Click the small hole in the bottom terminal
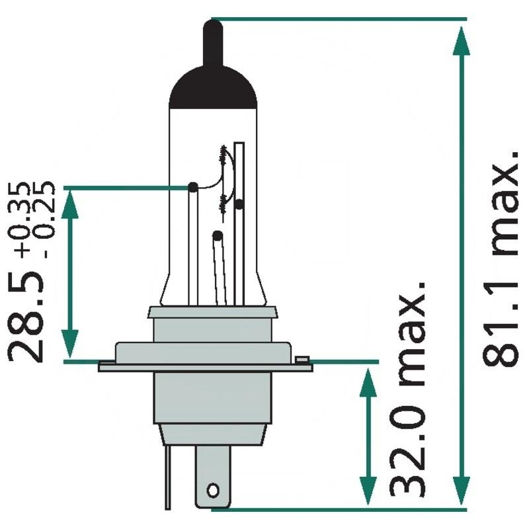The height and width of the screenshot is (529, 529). tap(212, 490)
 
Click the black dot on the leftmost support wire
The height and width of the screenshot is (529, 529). tap(192, 188)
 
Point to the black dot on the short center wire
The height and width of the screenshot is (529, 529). tap(216, 235)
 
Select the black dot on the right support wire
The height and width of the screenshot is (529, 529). tap(239, 204)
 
